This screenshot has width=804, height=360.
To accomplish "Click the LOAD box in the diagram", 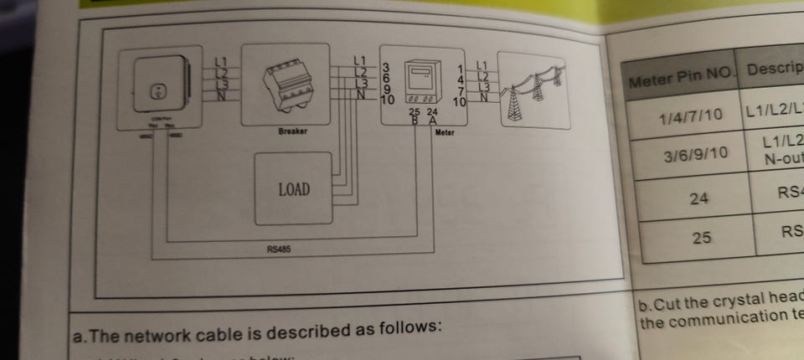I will tap(294, 190).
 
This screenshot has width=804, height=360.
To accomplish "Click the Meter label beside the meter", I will tap(445, 133).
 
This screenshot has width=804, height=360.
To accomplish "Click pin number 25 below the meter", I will tap(414, 111).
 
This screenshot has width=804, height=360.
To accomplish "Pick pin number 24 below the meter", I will tap(431, 111).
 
